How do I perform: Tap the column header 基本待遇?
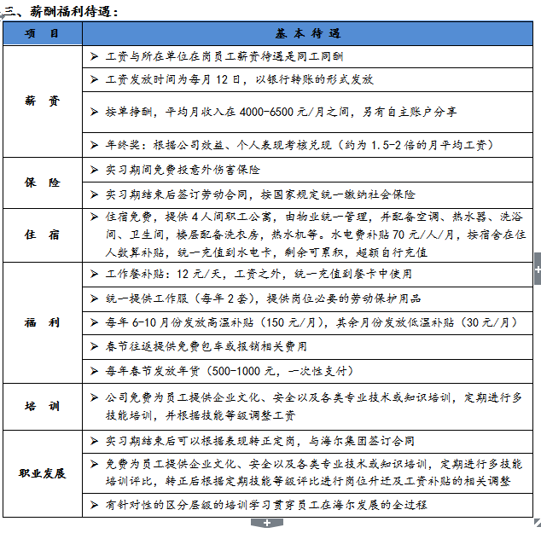[308, 33]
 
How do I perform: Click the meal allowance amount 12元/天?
[199, 274]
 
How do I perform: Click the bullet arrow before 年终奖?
[94, 145]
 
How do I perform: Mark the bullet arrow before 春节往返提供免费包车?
[94, 347]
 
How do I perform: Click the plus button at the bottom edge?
[267, 522]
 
